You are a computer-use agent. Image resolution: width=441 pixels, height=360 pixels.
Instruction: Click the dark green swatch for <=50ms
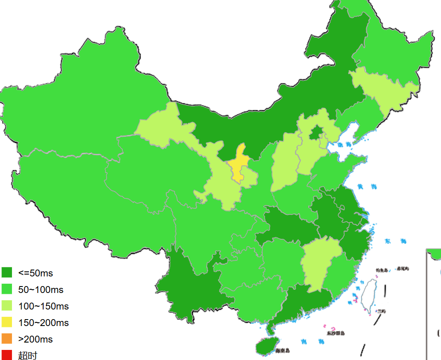pos(7,273)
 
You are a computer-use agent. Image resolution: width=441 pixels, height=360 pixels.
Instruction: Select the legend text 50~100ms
pos(41,290)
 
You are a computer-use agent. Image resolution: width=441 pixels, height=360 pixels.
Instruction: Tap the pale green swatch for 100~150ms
pos(7,306)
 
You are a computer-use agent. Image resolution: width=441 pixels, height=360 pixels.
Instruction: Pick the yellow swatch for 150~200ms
pos(7,322)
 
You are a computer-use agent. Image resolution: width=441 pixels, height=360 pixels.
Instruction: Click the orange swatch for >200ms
pos(7,339)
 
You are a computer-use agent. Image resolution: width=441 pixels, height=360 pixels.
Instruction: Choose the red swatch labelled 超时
pos(7,355)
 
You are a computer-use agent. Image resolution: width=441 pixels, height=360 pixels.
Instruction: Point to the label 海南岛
pos(283,351)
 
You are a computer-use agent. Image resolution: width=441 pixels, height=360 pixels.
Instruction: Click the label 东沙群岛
pos(335,333)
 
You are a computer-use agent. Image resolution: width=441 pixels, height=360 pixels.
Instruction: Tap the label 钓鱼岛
pos(382,270)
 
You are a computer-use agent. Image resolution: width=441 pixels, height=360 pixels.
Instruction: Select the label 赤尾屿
pos(403,269)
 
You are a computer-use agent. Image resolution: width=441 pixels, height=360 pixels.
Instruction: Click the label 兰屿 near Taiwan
pos(381,311)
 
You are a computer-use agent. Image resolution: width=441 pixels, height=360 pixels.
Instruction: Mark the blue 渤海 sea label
pos(345,145)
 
